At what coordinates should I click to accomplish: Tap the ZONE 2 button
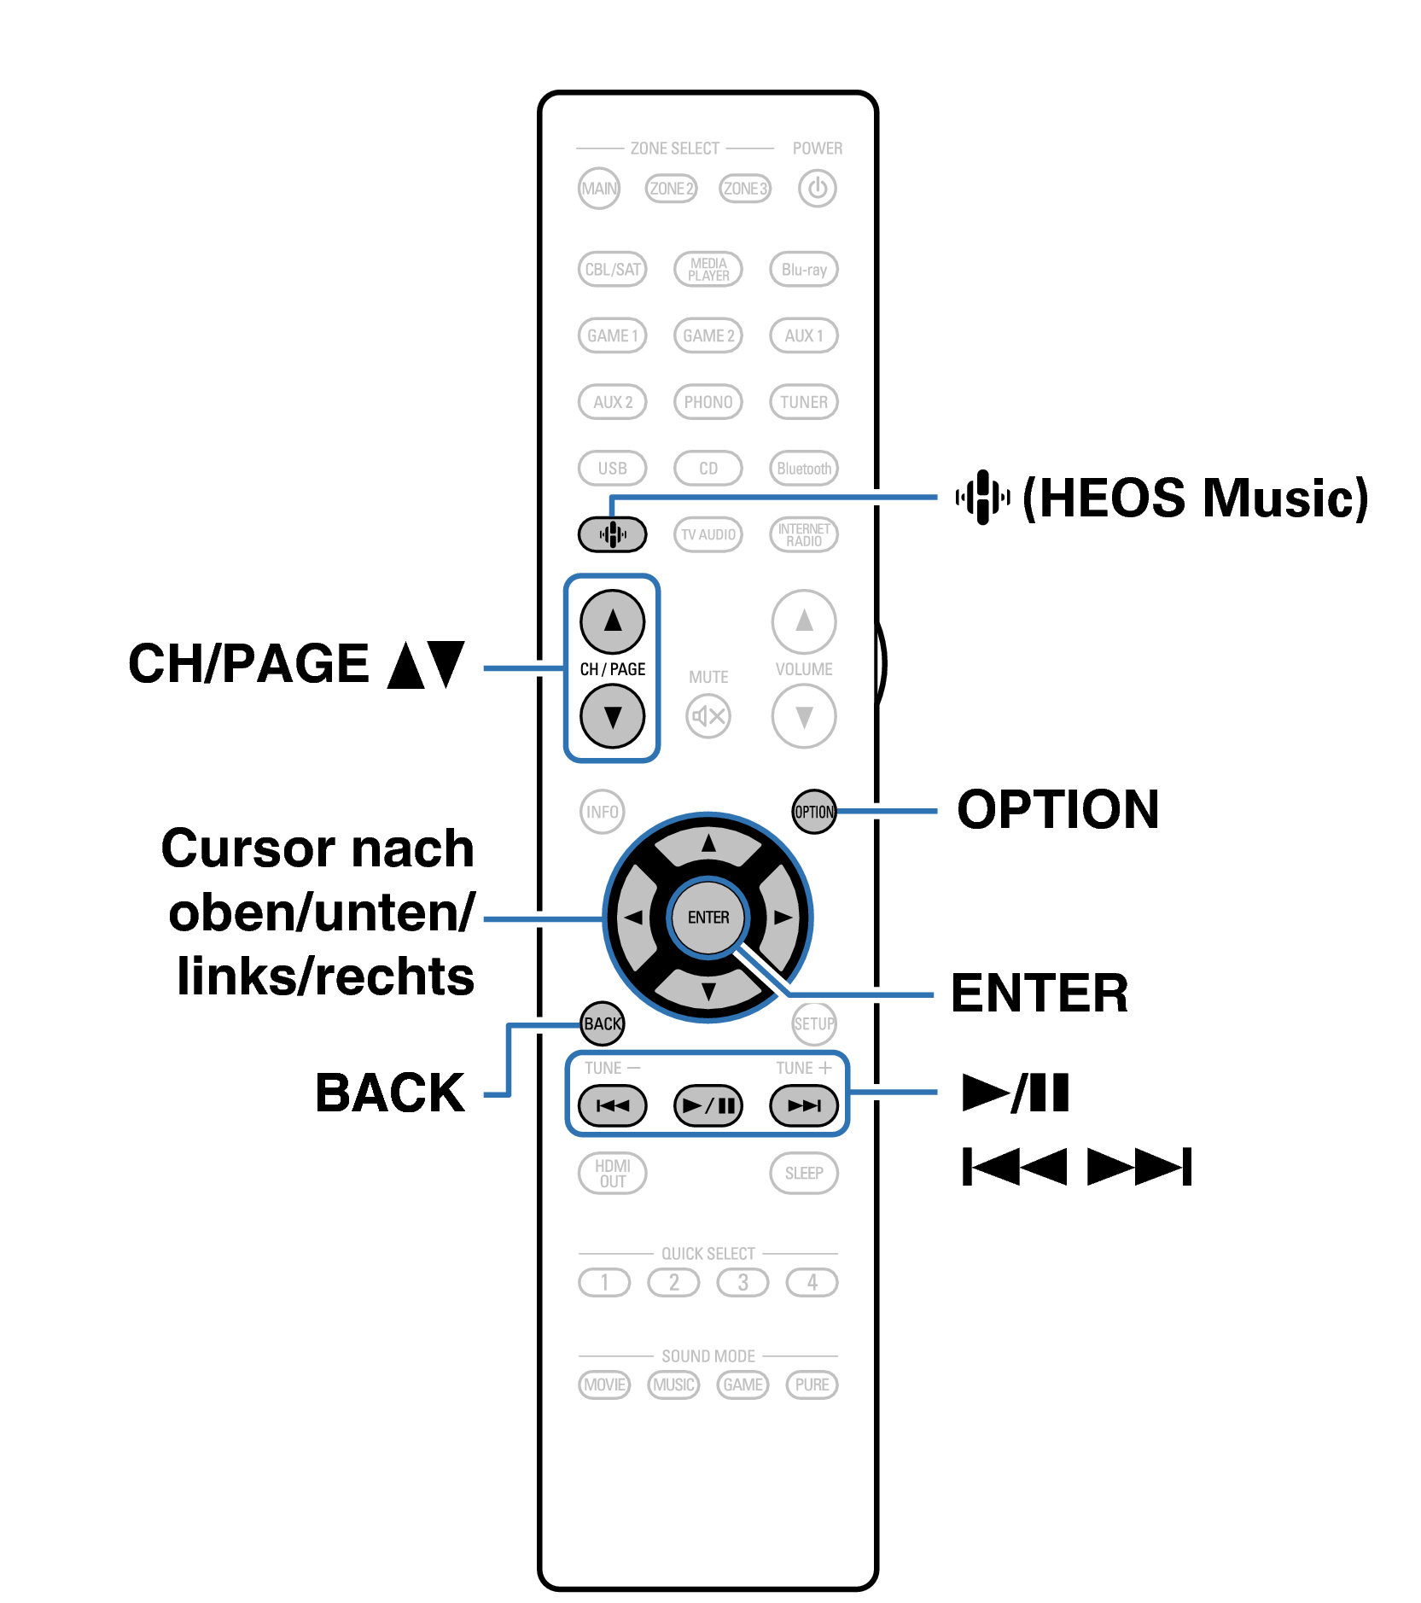pyautogui.click(x=671, y=189)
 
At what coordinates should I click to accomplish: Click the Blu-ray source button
pyautogui.click(x=803, y=270)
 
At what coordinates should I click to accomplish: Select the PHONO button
pyautogui.click(x=708, y=402)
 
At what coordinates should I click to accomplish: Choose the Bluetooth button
pyautogui.click(x=803, y=469)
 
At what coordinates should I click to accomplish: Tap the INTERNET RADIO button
pyautogui.click(x=803, y=535)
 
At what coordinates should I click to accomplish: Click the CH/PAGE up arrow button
pyautogui.click(x=612, y=621)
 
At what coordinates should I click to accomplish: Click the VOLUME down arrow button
pyautogui.click(x=803, y=716)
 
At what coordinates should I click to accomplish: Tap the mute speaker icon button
pyautogui.click(x=708, y=716)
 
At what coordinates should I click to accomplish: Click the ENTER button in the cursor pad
pyautogui.click(x=708, y=918)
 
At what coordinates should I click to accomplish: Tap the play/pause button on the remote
pyautogui.click(x=708, y=1106)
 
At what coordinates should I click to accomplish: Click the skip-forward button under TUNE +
pyautogui.click(x=803, y=1106)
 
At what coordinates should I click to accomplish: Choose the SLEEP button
pyautogui.click(x=803, y=1173)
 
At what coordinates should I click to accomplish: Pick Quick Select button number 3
pyautogui.click(x=743, y=1282)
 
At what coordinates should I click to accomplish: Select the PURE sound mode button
pyautogui.click(x=812, y=1384)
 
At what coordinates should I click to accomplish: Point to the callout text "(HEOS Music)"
pyautogui.click(x=1195, y=498)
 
